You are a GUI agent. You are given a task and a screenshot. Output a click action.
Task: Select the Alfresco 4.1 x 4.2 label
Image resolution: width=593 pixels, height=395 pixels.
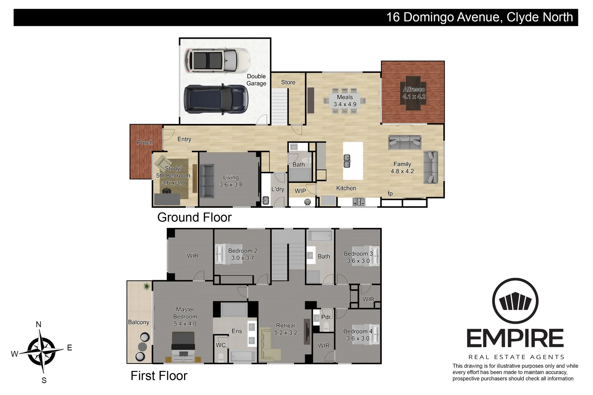pos(414,93)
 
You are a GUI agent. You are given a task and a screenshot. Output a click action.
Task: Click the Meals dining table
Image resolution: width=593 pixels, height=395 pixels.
pos(344,101)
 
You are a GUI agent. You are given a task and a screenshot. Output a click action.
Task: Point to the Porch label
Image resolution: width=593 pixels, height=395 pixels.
pos(145,143)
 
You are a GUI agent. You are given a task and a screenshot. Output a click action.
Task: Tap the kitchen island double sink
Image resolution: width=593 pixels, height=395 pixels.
pos(347,161)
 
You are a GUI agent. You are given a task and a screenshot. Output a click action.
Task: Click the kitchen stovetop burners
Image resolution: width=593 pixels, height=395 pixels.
pos(358,202)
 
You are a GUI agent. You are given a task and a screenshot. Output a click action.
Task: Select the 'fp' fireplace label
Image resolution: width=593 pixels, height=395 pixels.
pos(390,193)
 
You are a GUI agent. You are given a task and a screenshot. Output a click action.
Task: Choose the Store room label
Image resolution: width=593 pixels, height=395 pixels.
pos(288,82)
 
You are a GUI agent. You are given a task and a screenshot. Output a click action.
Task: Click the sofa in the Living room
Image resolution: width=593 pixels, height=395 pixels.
pos(206,181)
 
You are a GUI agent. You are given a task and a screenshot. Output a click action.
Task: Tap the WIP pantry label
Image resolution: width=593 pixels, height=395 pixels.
pos(300,191)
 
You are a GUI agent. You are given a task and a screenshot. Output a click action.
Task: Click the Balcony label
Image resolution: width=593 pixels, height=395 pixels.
pos(138,322)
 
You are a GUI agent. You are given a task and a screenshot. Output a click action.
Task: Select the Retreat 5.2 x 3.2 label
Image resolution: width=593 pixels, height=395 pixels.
pos(286,329)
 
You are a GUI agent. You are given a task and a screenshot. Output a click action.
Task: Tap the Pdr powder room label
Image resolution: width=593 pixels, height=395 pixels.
pos(325,317)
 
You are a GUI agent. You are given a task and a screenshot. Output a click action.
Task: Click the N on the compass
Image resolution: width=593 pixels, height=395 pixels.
pos(38,324)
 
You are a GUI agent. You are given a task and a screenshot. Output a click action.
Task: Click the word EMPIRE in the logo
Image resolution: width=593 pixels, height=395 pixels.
pos(515,338)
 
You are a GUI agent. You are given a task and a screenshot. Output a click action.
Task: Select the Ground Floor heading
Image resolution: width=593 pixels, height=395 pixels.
pos(194,218)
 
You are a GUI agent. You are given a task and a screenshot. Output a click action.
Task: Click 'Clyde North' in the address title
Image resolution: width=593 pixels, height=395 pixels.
pos(540,17)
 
